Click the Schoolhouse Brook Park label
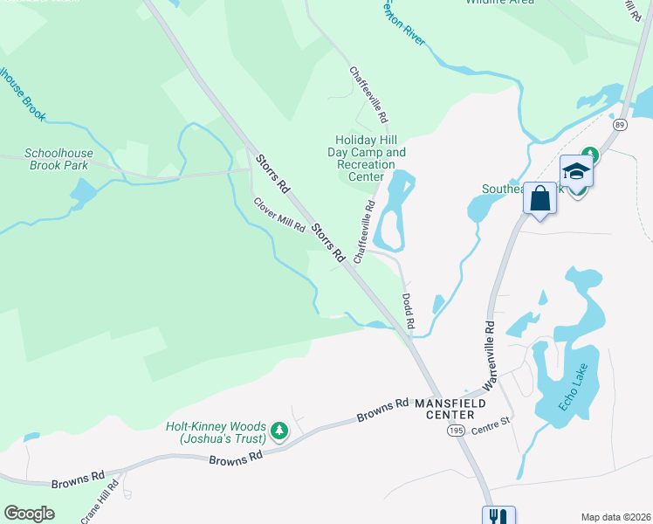[x=58, y=158]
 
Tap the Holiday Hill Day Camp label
[x=371, y=158]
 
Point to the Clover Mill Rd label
[x=278, y=215]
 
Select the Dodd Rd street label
[x=408, y=311]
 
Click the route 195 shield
[x=455, y=431]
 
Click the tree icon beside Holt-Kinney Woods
[x=279, y=431]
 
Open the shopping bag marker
[x=540, y=198]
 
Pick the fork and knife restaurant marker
[x=498, y=516]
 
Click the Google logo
[x=30, y=514]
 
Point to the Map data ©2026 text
[x=615, y=517]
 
